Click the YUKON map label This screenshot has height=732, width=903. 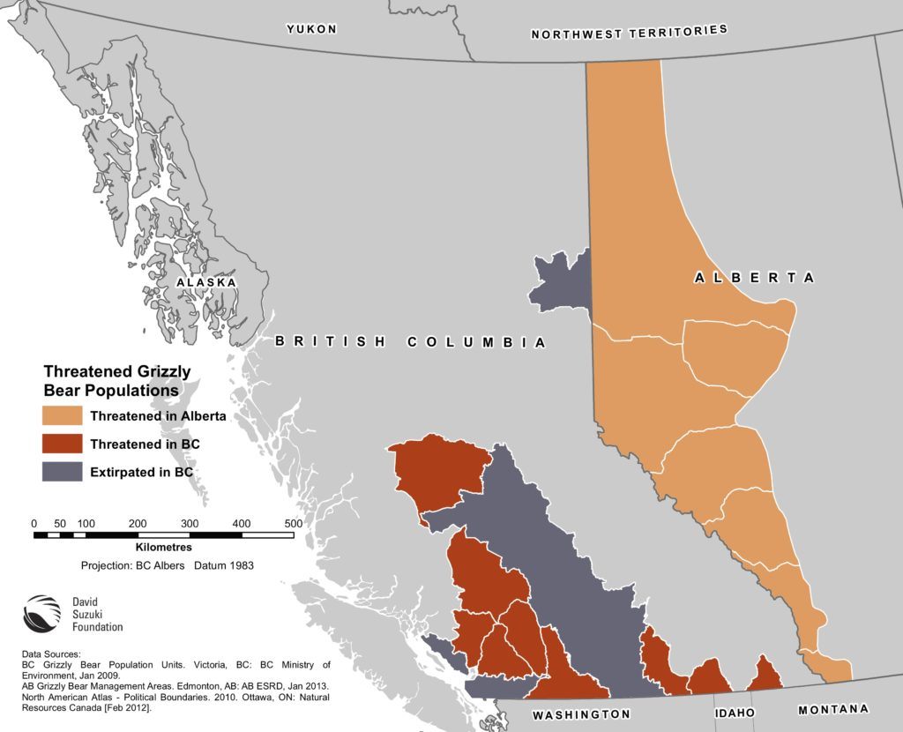point(311,29)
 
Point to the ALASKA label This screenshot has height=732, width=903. point(205,282)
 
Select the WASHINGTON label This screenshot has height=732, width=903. point(581,713)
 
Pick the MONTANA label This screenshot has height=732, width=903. point(833,709)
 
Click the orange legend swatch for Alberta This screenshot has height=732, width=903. point(63,416)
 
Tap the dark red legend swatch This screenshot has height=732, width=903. point(63,444)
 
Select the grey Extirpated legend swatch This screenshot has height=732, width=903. point(63,473)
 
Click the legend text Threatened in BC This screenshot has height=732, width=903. point(145,444)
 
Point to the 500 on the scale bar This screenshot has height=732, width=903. point(293,524)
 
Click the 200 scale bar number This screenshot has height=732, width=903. point(138,524)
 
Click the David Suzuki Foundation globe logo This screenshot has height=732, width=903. point(41,613)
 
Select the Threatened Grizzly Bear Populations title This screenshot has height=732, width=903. point(117,380)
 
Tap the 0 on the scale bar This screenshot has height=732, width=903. point(34,524)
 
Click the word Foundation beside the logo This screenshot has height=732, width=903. point(98,627)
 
